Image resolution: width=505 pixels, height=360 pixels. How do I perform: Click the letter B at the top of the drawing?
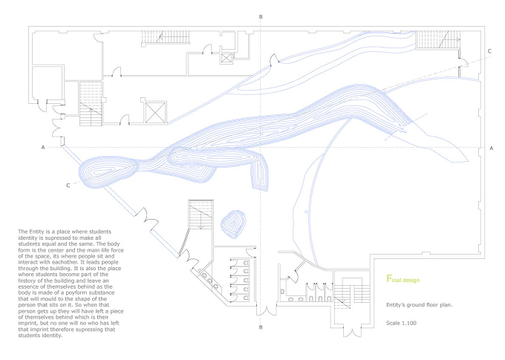point(261,17)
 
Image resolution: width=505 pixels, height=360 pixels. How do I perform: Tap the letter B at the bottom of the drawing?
point(261,327)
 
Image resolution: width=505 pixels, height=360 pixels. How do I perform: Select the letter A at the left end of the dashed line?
point(43,148)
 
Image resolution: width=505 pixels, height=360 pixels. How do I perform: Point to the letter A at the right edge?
point(491,148)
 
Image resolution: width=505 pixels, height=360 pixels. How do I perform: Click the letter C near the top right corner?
point(489,51)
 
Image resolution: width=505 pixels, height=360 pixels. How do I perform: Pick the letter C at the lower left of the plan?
point(68,186)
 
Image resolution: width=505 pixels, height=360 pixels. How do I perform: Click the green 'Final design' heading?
point(403,279)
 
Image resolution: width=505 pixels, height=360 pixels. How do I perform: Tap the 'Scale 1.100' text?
point(401,323)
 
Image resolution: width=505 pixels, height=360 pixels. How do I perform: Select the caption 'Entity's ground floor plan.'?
point(420,304)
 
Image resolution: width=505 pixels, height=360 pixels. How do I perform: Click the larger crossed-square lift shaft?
point(156,112)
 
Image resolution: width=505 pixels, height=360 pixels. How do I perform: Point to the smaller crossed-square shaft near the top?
point(227,58)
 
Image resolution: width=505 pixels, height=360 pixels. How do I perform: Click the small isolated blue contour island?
point(233,223)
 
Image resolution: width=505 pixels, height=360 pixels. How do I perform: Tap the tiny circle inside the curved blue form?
point(306,212)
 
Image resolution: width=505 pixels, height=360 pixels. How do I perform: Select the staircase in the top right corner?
point(437,40)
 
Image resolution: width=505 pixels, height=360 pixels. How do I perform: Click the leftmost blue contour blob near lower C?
point(108,171)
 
